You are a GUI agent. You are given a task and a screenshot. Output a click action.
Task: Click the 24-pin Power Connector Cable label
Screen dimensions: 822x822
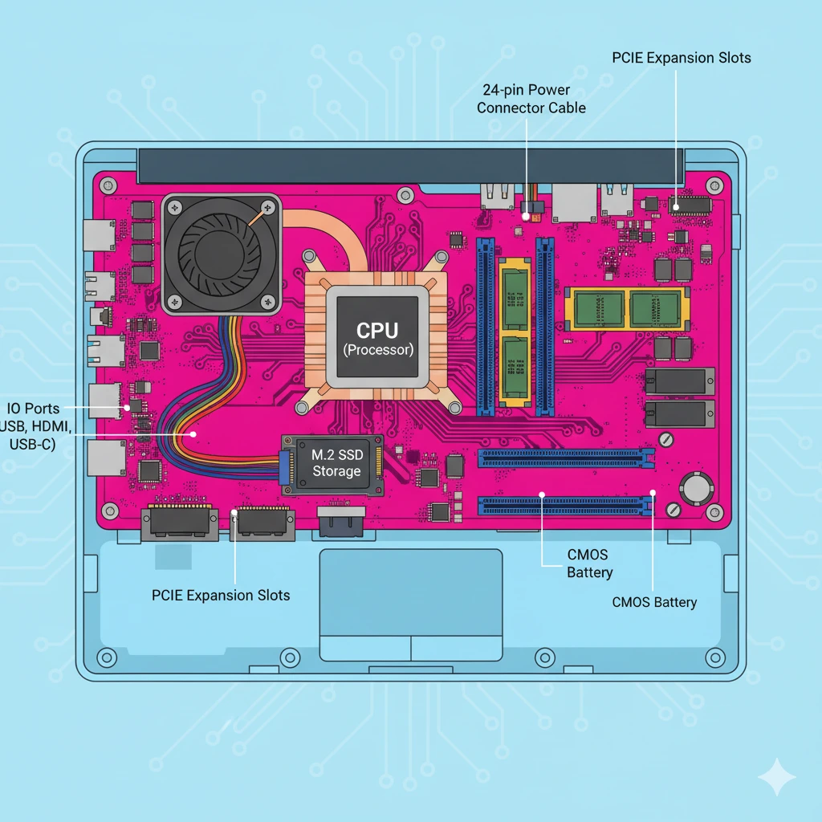coord(531,99)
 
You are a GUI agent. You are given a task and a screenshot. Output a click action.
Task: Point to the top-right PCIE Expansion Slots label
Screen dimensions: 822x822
coord(681,58)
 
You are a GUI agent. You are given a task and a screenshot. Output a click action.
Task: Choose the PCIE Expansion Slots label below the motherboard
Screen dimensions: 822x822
coord(221,595)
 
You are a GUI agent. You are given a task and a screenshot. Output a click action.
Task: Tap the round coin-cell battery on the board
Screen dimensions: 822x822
coord(697,487)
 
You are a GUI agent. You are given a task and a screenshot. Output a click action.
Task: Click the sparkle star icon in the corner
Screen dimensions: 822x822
coord(777,776)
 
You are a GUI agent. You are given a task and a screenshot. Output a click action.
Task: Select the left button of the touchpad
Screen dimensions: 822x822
coord(365,646)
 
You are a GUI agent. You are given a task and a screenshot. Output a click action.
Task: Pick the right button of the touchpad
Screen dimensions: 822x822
coord(457,646)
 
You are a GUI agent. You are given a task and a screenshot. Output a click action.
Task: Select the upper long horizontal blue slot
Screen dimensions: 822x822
coord(565,458)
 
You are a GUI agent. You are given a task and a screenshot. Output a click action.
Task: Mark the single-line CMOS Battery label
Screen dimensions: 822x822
coord(654,602)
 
